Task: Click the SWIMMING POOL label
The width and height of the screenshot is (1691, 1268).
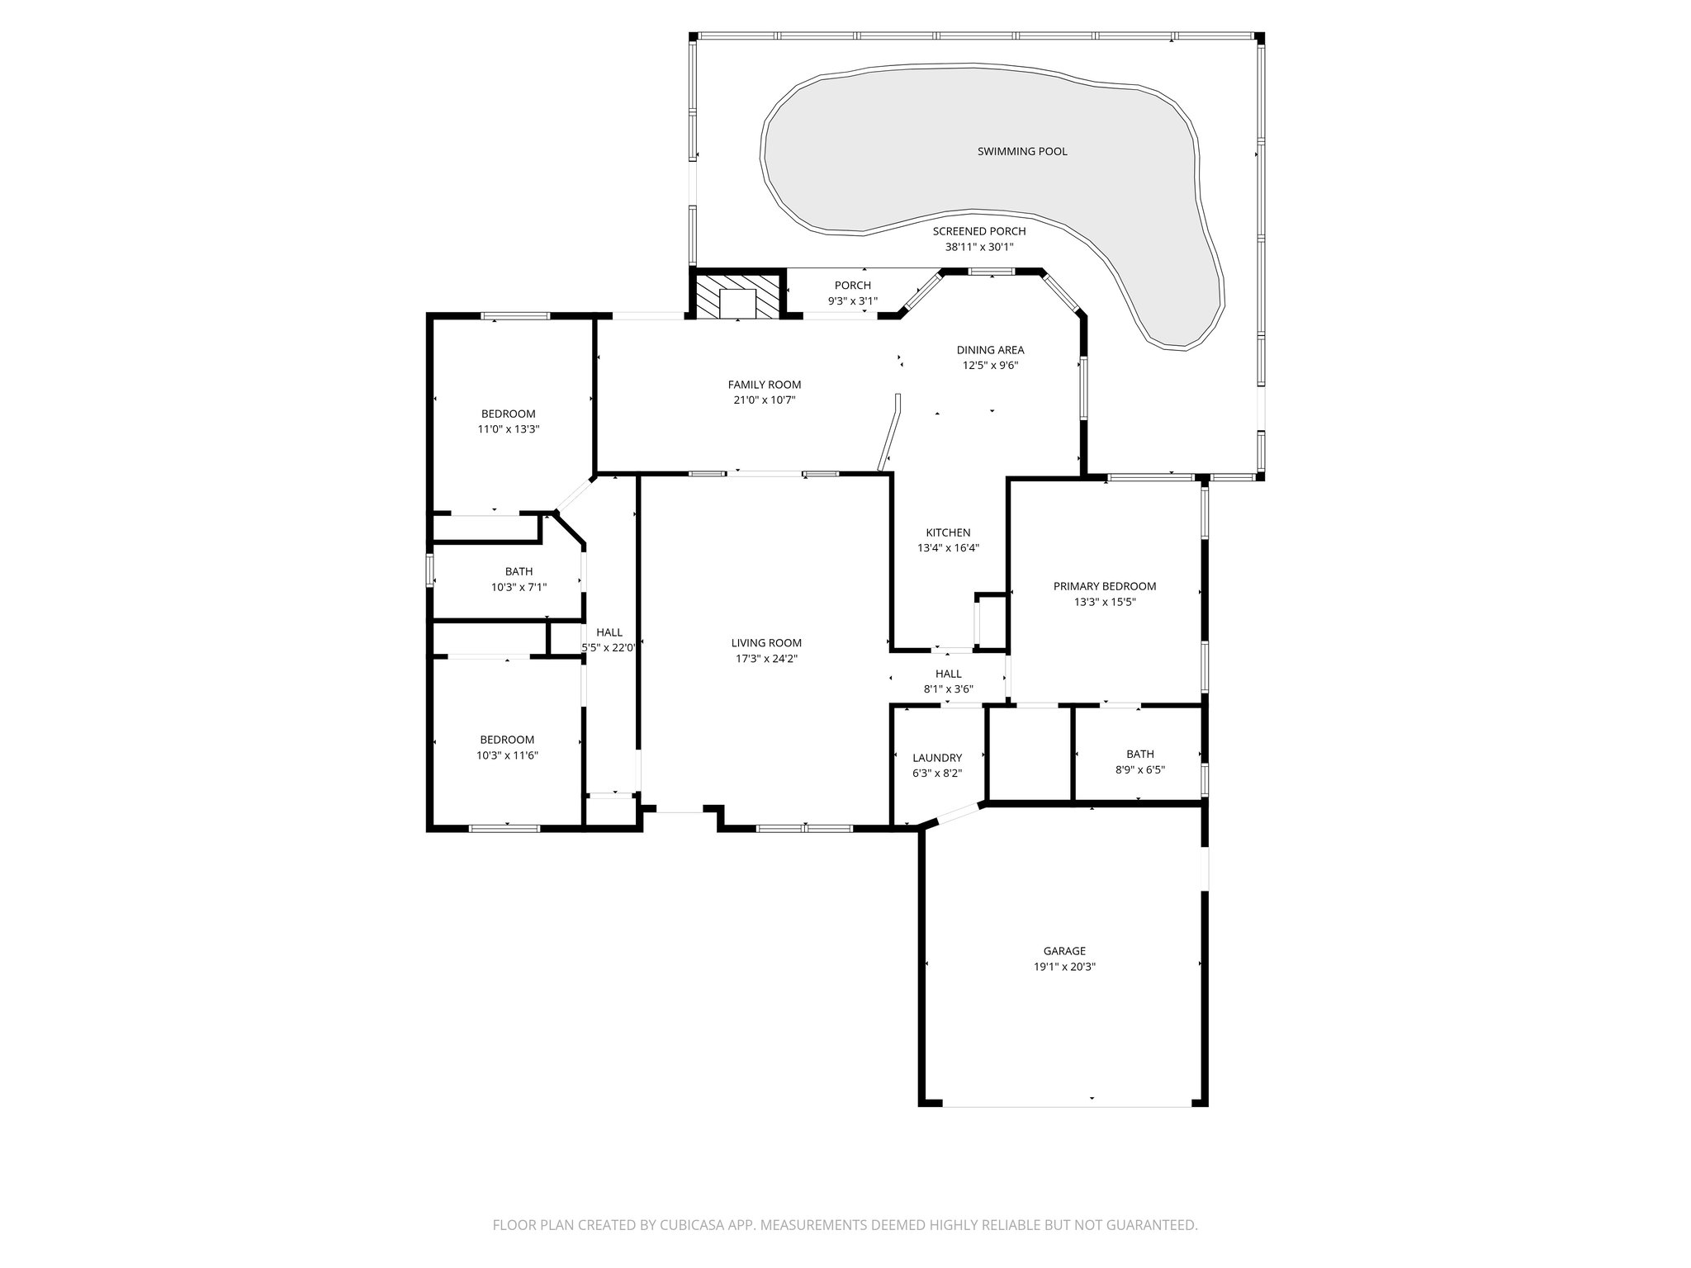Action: point(1022,151)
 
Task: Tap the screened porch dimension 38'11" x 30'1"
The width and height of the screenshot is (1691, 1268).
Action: point(978,247)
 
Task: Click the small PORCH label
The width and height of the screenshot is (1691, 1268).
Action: point(852,286)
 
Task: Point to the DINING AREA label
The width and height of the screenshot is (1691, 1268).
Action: point(990,350)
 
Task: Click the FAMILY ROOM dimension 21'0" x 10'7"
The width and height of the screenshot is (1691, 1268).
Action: point(764,400)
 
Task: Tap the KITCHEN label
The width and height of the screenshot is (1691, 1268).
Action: point(948,532)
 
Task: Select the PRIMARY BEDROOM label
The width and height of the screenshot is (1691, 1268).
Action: point(1104,586)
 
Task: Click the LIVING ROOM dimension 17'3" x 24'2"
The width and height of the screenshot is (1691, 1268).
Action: point(766,659)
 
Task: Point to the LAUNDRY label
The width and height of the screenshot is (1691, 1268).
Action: point(937,758)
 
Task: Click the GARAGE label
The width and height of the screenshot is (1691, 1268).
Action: point(1064,951)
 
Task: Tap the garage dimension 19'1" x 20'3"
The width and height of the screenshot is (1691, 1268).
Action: point(1064,967)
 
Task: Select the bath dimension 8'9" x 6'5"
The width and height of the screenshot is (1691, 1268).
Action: point(1139,769)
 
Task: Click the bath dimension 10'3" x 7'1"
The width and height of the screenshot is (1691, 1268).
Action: point(519,587)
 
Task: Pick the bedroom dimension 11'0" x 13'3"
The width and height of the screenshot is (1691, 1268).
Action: point(508,429)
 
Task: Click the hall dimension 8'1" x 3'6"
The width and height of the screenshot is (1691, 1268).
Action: point(948,689)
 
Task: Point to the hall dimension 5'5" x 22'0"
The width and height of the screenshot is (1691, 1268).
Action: point(609,648)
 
